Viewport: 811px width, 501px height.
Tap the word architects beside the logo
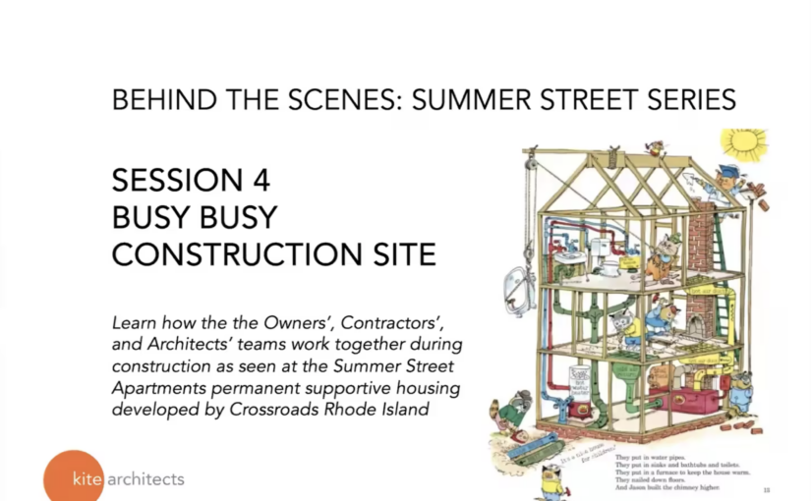[145, 479]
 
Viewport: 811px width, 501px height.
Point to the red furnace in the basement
[671, 398]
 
